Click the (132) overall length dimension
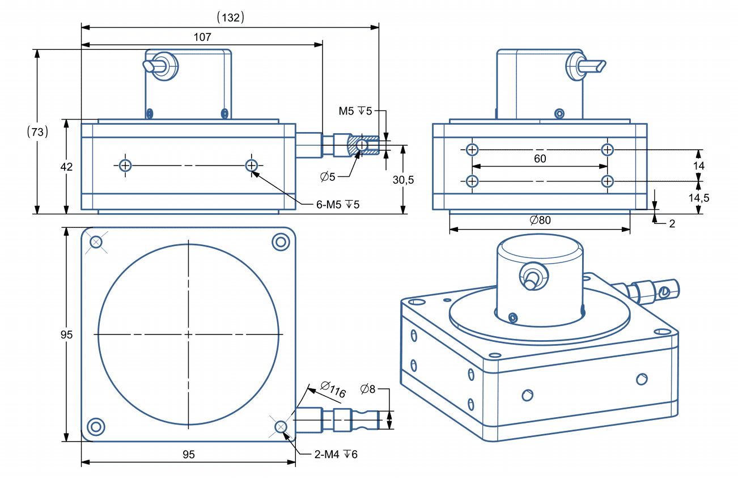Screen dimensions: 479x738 [x=230, y=18]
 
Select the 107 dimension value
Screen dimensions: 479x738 [x=202, y=37]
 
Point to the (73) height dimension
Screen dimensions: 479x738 [x=37, y=132]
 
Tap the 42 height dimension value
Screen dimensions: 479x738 [x=66, y=167]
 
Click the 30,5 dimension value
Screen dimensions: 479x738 [x=403, y=180]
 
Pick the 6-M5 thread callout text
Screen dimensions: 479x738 [x=338, y=204]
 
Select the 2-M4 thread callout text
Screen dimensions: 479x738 [x=336, y=454]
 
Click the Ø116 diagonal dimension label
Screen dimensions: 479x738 [x=333, y=389]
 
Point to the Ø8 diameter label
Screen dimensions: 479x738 [x=368, y=389]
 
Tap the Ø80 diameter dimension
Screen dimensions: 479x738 [x=540, y=220]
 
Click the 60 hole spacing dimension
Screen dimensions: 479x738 [x=540, y=159]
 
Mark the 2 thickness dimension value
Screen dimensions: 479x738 [x=672, y=223]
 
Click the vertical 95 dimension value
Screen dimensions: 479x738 [x=66, y=335]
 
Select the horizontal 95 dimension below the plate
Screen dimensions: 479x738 [x=189, y=455]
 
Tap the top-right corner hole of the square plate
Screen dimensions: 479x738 [x=281, y=242]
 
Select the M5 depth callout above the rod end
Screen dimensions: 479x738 [x=355, y=111]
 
